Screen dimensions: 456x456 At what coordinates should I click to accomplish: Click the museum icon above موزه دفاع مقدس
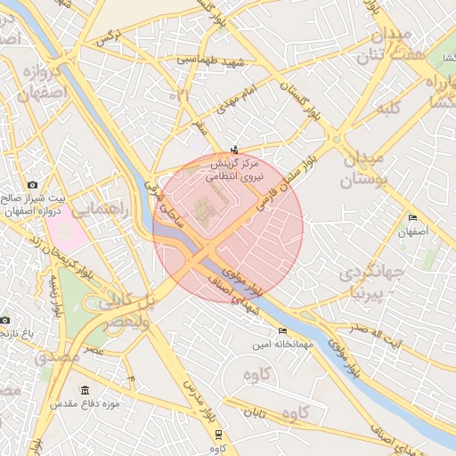(85, 390)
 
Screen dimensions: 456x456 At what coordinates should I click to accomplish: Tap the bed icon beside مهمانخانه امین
(283, 331)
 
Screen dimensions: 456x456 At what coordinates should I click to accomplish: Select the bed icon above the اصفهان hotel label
(412, 218)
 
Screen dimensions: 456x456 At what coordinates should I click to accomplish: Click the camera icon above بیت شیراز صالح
(33, 184)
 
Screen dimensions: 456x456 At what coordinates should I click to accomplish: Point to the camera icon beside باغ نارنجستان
(4, 319)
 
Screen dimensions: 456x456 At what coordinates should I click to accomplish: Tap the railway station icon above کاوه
(219, 434)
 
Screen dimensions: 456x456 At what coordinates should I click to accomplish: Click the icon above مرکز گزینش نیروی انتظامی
(234, 149)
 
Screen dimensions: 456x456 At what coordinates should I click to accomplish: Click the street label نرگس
(107, 37)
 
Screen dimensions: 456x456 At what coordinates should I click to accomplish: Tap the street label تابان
(256, 413)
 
